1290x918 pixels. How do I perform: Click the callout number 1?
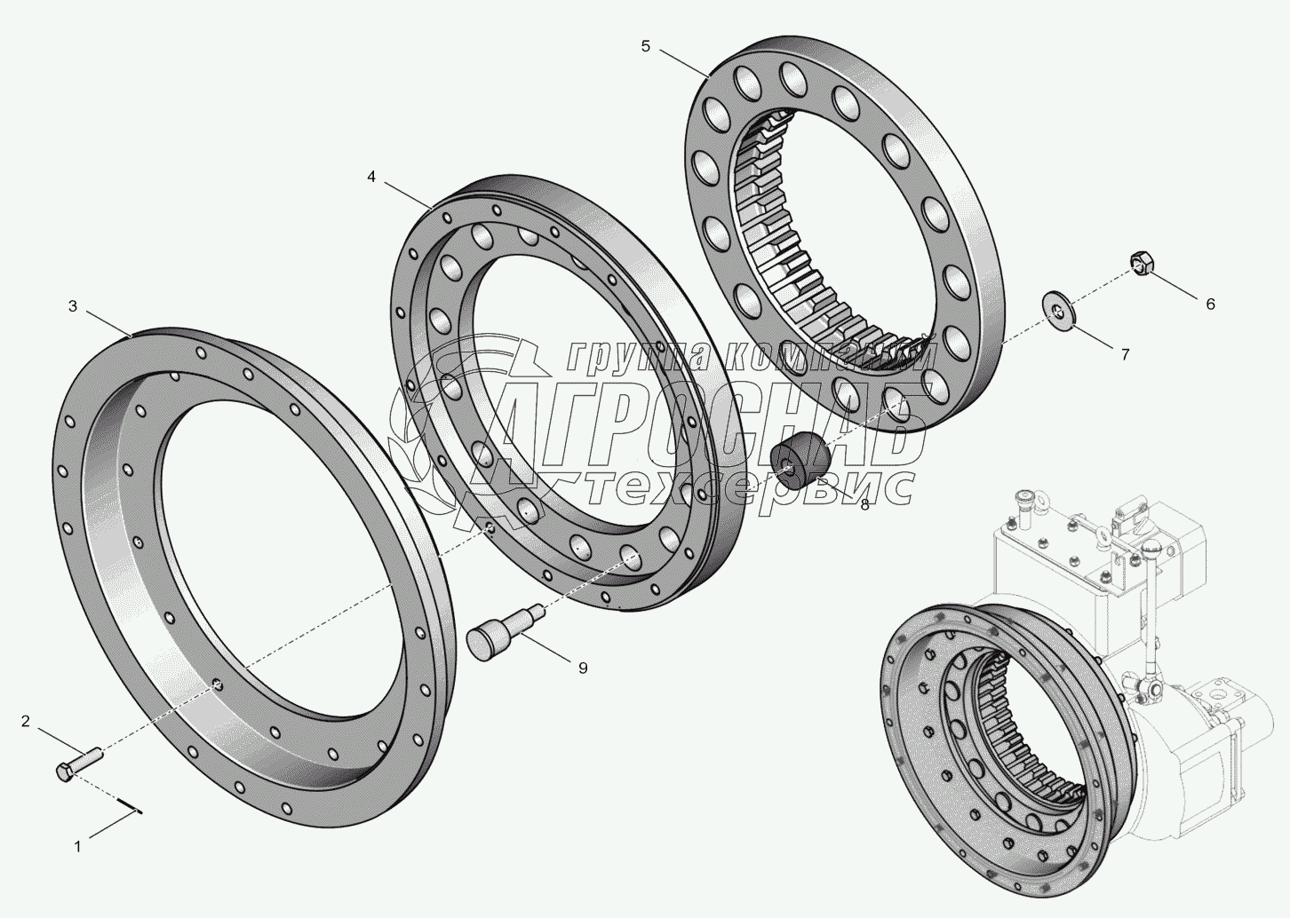pyautogui.click(x=77, y=847)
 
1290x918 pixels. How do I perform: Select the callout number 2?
pyautogui.click(x=26, y=721)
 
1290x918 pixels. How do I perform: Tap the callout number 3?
pyautogui.click(x=73, y=306)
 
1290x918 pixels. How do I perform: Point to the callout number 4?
pyautogui.click(x=371, y=177)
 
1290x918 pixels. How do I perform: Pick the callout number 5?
pyautogui.click(x=646, y=46)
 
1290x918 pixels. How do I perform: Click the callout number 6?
pyautogui.click(x=1210, y=304)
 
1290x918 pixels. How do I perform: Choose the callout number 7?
pyautogui.click(x=1126, y=354)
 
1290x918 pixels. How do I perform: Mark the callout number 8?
pyautogui.click(x=864, y=505)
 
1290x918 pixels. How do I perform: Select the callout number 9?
pyautogui.click(x=583, y=669)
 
